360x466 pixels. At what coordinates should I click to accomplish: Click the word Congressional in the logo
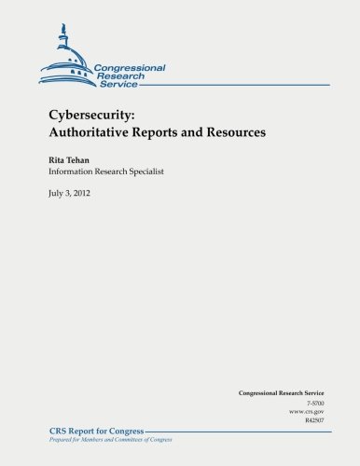(x=130, y=68)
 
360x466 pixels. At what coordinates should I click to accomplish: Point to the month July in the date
(x=59, y=195)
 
